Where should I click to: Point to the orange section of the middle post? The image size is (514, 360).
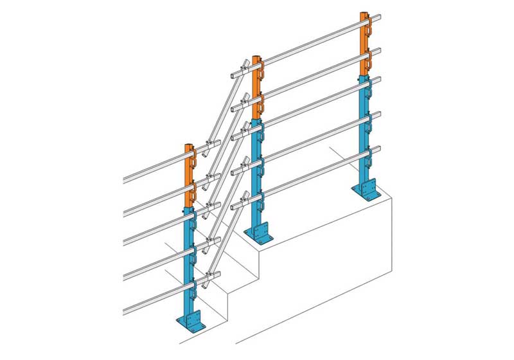(256, 87)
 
